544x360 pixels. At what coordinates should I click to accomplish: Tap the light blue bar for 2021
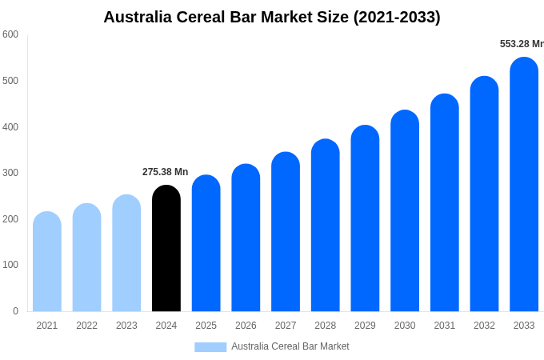[x=47, y=262]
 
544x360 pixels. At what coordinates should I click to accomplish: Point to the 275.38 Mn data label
[x=166, y=172]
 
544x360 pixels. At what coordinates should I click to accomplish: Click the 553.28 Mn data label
[x=521, y=44]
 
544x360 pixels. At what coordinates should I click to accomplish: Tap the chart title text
[x=272, y=17]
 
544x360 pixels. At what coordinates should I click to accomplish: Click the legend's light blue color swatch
[x=210, y=346]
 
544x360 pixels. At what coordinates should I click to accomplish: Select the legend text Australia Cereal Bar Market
[x=290, y=346]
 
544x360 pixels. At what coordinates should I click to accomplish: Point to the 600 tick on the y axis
[x=10, y=34]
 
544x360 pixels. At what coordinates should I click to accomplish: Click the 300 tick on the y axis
[x=10, y=173]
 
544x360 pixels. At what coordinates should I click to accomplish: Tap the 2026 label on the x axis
[x=246, y=326]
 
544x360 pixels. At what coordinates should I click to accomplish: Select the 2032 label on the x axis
[x=484, y=326]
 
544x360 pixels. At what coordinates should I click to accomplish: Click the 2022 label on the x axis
[x=87, y=326]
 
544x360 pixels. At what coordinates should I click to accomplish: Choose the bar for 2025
[x=206, y=243]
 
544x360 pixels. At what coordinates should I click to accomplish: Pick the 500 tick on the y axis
[x=10, y=81]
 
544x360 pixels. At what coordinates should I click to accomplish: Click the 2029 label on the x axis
[x=365, y=326]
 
